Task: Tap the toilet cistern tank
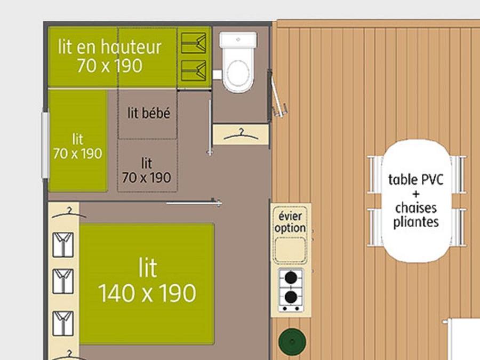(238, 40)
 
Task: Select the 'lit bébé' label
(149, 113)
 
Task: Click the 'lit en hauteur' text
(109, 47)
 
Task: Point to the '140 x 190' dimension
(147, 293)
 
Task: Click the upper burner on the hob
(291, 278)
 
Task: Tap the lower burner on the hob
(291, 297)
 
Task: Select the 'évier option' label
(290, 222)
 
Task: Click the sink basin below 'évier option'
(290, 250)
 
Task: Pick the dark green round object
(292, 342)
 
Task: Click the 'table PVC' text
(415, 180)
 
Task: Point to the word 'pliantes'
(416, 222)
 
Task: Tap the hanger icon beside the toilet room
(241, 135)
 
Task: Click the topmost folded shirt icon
(63, 245)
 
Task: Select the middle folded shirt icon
(63, 281)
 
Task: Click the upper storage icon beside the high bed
(194, 43)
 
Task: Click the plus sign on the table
(415, 194)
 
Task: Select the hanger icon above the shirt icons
(69, 213)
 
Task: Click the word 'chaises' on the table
(415, 208)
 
